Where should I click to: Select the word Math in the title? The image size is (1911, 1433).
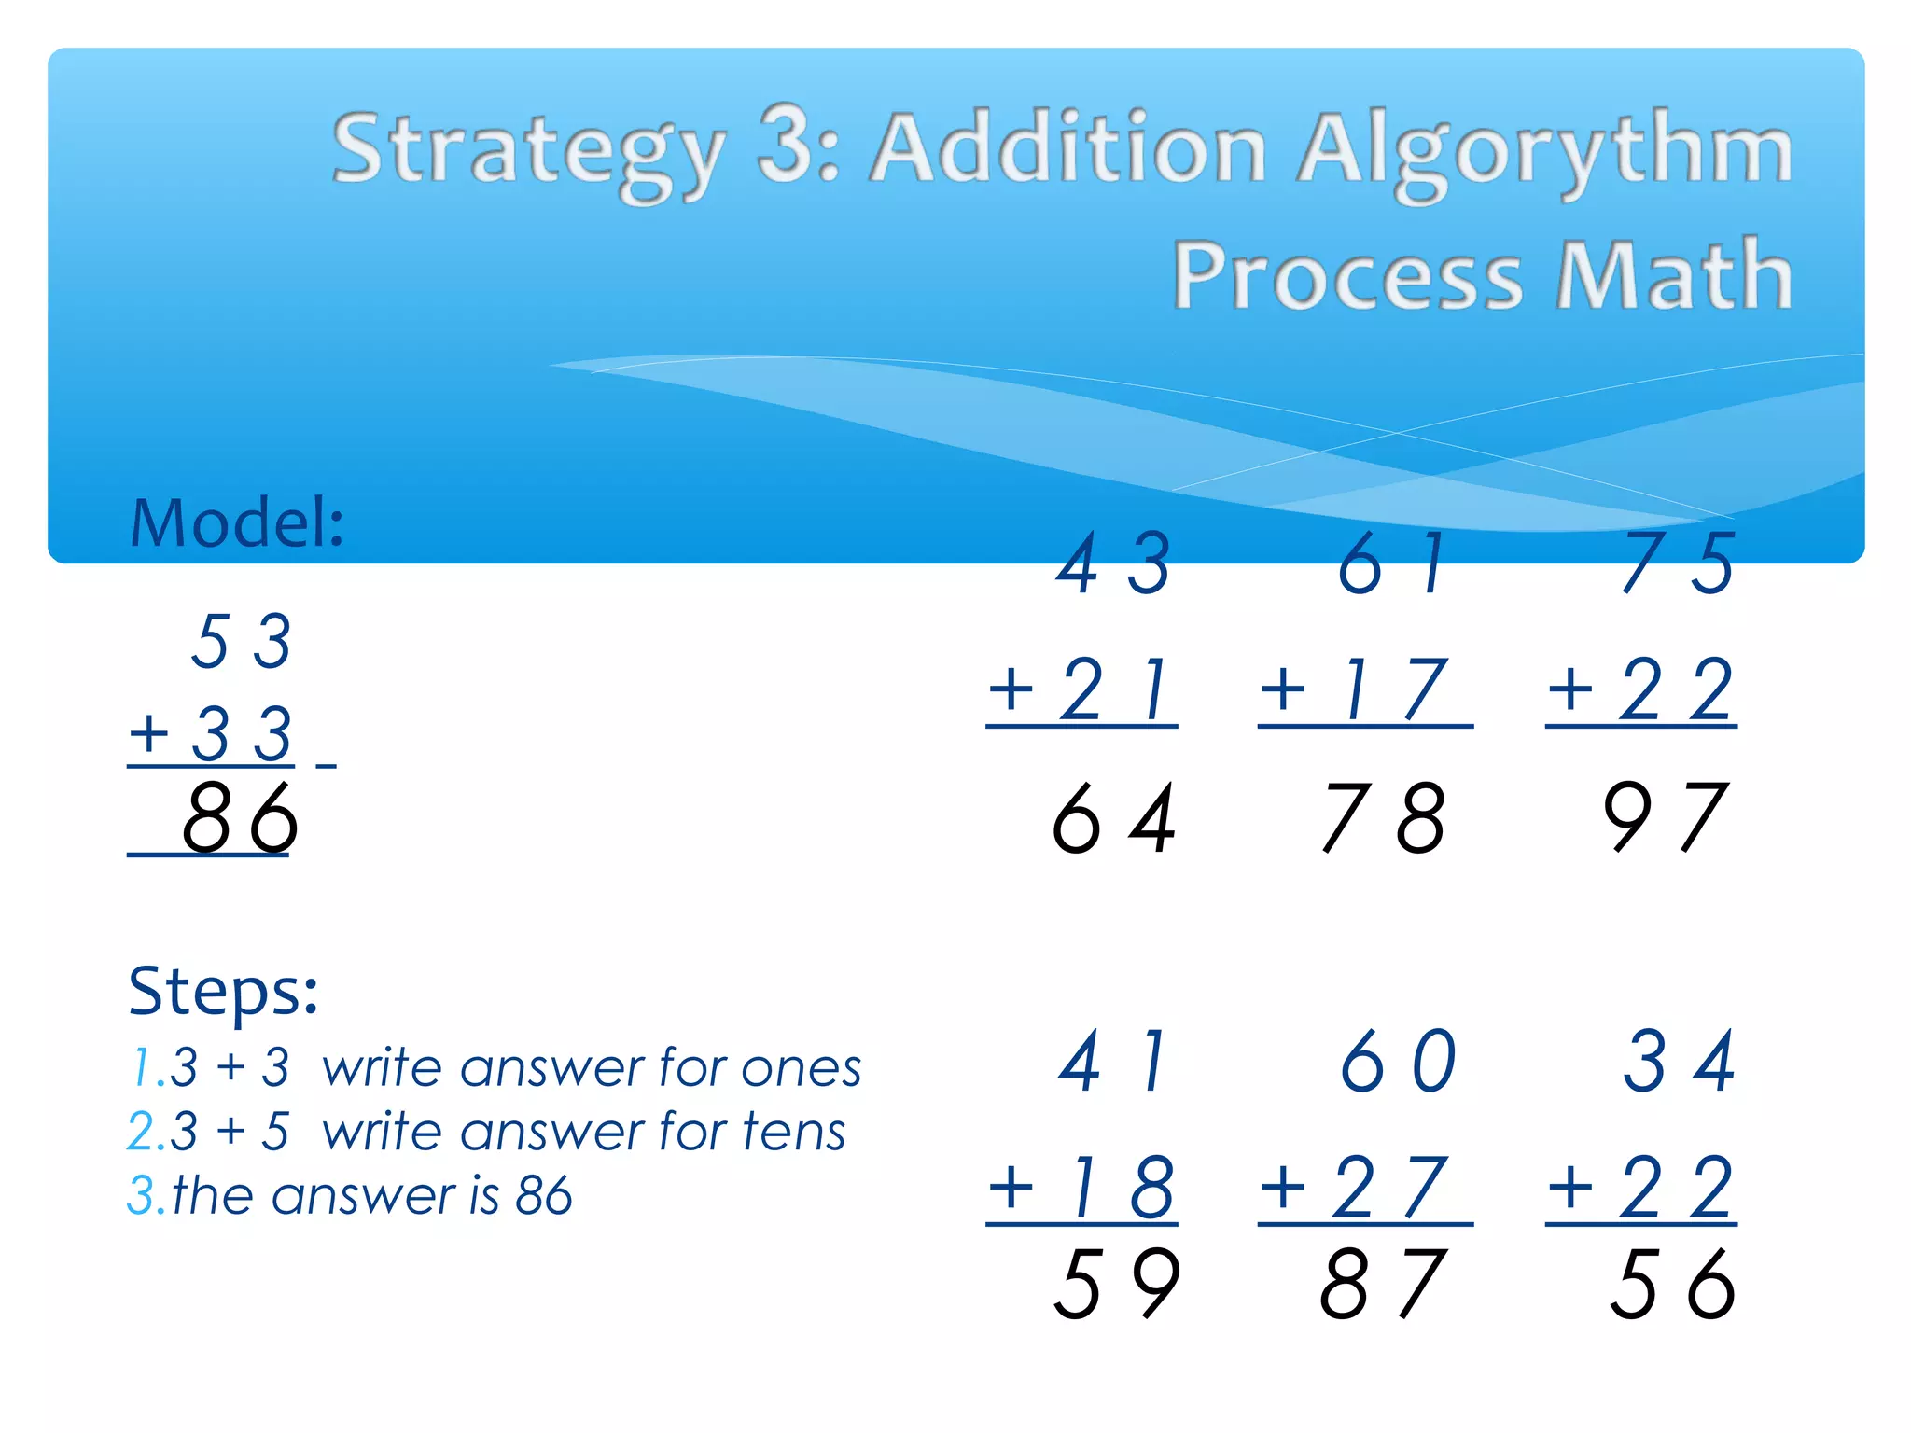click(x=1674, y=275)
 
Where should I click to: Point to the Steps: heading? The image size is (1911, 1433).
click(x=223, y=992)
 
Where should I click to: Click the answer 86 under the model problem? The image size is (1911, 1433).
click(x=240, y=819)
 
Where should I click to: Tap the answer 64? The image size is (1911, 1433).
click(x=1113, y=819)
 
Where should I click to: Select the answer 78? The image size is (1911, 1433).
click(x=1384, y=819)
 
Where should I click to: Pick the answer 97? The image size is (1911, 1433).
click(x=1666, y=819)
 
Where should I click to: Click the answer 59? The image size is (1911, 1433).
click(x=1117, y=1285)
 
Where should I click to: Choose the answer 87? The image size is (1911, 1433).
click(x=1384, y=1285)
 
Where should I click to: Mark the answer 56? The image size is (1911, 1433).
click(x=1672, y=1285)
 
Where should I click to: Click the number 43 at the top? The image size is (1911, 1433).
click(x=1113, y=564)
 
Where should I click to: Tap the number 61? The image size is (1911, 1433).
click(x=1390, y=564)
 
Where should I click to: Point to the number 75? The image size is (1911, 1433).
click(x=1678, y=564)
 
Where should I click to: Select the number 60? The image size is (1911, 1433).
click(x=1398, y=1062)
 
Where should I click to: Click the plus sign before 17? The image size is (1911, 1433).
click(x=1283, y=690)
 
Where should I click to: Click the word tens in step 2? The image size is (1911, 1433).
click(x=794, y=1133)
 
